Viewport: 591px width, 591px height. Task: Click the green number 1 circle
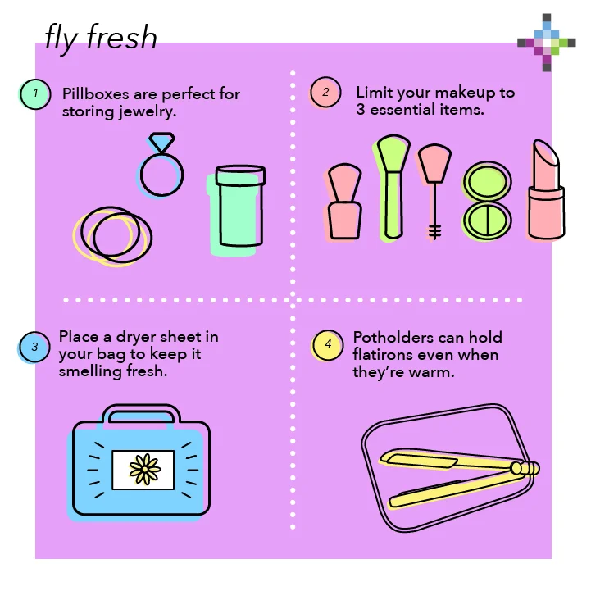(x=34, y=94)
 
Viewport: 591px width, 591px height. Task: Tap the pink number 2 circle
(x=325, y=93)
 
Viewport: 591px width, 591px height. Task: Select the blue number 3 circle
(x=34, y=347)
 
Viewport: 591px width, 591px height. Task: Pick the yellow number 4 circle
(x=328, y=345)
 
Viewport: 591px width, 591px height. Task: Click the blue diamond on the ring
(x=161, y=142)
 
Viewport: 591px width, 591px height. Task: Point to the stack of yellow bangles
(x=112, y=236)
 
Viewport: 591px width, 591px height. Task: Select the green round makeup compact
(x=487, y=201)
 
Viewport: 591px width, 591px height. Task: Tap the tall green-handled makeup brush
(x=393, y=188)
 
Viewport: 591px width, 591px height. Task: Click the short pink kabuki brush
(x=343, y=202)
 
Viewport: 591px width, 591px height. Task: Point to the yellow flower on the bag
(x=145, y=469)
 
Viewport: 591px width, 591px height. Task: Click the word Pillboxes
(x=95, y=93)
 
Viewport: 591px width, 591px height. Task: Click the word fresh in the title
(x=121, y=37)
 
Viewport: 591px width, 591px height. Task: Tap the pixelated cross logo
(x=547, y=43)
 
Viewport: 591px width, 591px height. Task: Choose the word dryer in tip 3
(x=136, y=337)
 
